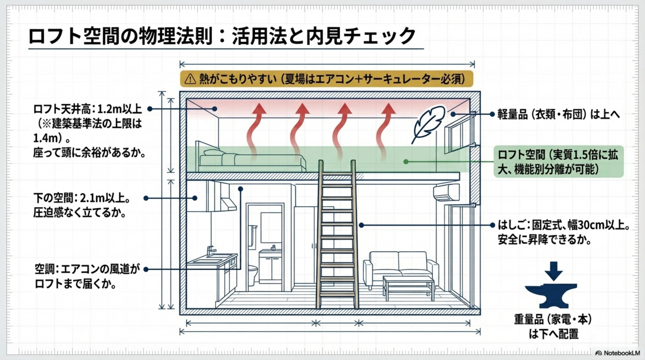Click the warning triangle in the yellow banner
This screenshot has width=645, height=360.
click(x=190, y=79)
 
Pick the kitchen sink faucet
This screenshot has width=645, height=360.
click(x=210, y=250)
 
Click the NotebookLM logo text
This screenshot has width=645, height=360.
click(x=621, y=353)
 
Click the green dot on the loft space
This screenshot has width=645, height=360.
click(x=406, y=162)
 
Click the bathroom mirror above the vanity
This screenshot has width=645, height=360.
click(x=271, y=227)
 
